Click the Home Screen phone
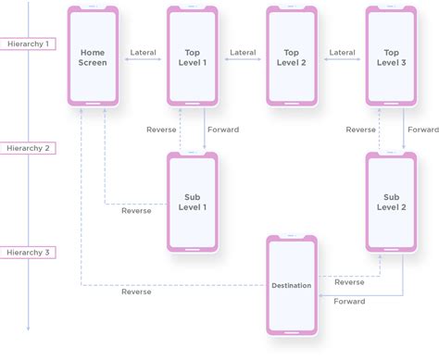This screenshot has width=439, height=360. coord(93,56)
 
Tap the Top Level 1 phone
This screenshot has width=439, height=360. coord(193,56)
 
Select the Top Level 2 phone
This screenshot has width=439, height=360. coord(292,56)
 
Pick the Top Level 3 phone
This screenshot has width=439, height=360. coord(391,56)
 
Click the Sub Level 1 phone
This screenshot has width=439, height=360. coord(193,202)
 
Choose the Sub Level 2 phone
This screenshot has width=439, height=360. coord(391,202)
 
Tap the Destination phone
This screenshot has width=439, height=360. coord(292,285)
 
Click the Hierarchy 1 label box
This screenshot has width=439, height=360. coord(28,43)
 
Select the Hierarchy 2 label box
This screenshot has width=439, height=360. coord(28,148)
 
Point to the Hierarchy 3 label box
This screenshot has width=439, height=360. coord(28,253)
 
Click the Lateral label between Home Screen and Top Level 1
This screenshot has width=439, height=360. coord(143,53)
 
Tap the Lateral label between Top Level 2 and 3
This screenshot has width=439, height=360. coord(342,53)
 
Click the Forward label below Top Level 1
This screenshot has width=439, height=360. coord(223,130)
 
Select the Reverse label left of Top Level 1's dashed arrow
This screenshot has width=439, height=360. coord(161,130)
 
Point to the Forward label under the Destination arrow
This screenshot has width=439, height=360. coord(349,302)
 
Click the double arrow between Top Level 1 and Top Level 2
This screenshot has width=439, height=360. coord(243,59)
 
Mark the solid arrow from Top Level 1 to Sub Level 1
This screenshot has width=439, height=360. coord(205,129)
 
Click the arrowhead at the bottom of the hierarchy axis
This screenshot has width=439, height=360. coord(28,329)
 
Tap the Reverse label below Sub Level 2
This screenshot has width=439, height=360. coord(349,282)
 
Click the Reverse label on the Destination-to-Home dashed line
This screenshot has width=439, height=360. coord(136,292)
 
